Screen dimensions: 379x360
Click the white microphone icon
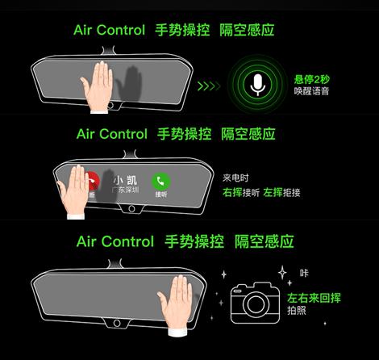[x=258, y=85]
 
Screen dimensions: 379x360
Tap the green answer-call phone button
[x=160, y=181]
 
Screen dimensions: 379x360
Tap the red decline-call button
[x=93, y=181]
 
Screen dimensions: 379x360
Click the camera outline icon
[x=255, y=303]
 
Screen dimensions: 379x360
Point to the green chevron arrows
[x=209, y=86]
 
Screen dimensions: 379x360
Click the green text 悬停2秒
[x=311, y=79]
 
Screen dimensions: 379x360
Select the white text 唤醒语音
[x=311, y=91]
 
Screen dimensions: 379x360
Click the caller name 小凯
[x=125, y=180]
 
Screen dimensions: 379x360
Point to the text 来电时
[x=235, y=178]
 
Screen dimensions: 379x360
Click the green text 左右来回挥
[x=314, y=298]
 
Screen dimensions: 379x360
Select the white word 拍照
[x=297, y=311]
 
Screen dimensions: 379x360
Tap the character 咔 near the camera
[x=304, y=273]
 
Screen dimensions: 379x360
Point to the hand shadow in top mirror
[x=129, y=83]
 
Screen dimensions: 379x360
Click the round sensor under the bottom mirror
[x=117, y=323]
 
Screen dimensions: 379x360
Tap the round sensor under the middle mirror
[x=131, y=208]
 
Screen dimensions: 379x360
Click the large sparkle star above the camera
[x=282, y=273]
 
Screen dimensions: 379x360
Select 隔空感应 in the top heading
[x=247, y=30]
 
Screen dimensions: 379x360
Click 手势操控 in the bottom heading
[x=194, y=241]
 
